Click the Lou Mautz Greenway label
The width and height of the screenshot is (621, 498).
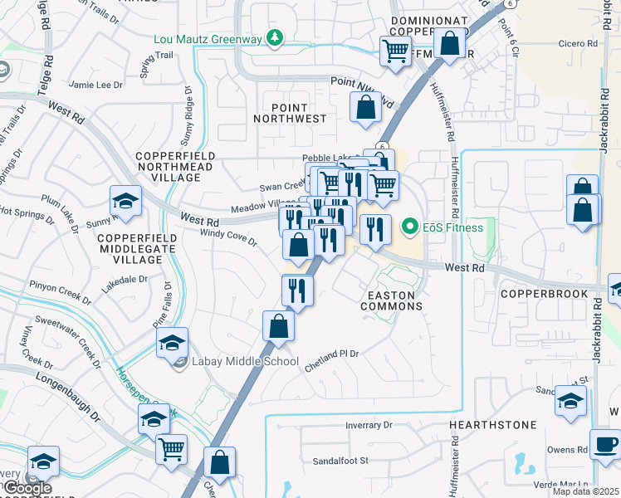207,38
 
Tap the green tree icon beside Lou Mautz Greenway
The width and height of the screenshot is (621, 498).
273,38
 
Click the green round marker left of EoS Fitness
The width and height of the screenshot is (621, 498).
409,226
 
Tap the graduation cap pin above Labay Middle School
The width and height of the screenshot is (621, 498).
172,344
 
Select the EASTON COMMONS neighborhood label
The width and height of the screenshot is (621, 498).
392,300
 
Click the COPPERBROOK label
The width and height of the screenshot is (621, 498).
538,294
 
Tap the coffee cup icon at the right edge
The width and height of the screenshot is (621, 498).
605,443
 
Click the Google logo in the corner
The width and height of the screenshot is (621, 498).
27,488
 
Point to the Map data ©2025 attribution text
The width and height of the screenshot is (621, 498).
586,491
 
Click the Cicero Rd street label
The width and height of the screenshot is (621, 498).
579,43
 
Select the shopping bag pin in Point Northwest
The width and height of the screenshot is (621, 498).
365,107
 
